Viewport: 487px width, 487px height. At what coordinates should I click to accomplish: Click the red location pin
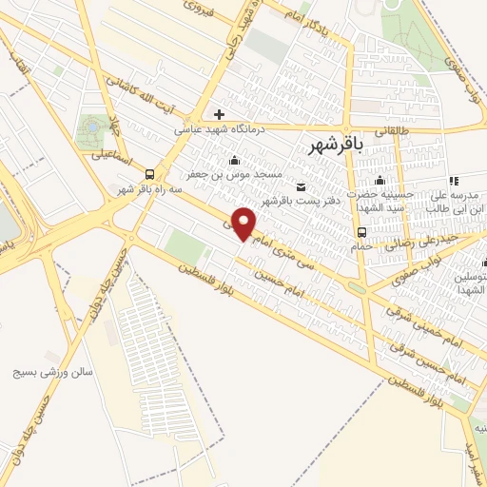click(x=245, y=223)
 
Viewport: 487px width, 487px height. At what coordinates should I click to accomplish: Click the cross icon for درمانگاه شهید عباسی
click(x=220, y=114)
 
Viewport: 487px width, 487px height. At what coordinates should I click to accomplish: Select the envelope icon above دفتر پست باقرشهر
click(x=302, y=185)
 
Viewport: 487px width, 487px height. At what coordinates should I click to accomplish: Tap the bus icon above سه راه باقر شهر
click(x=149, y=173)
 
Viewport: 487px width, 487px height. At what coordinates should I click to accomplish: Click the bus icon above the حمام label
click(x=361, y=232)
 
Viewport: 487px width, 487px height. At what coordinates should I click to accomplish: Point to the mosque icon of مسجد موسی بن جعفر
click(x=235, y=160)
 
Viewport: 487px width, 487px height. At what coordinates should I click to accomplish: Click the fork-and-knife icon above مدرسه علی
click(x=454, y=180)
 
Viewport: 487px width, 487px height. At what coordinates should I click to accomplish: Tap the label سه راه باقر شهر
click(x=149, y=190)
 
